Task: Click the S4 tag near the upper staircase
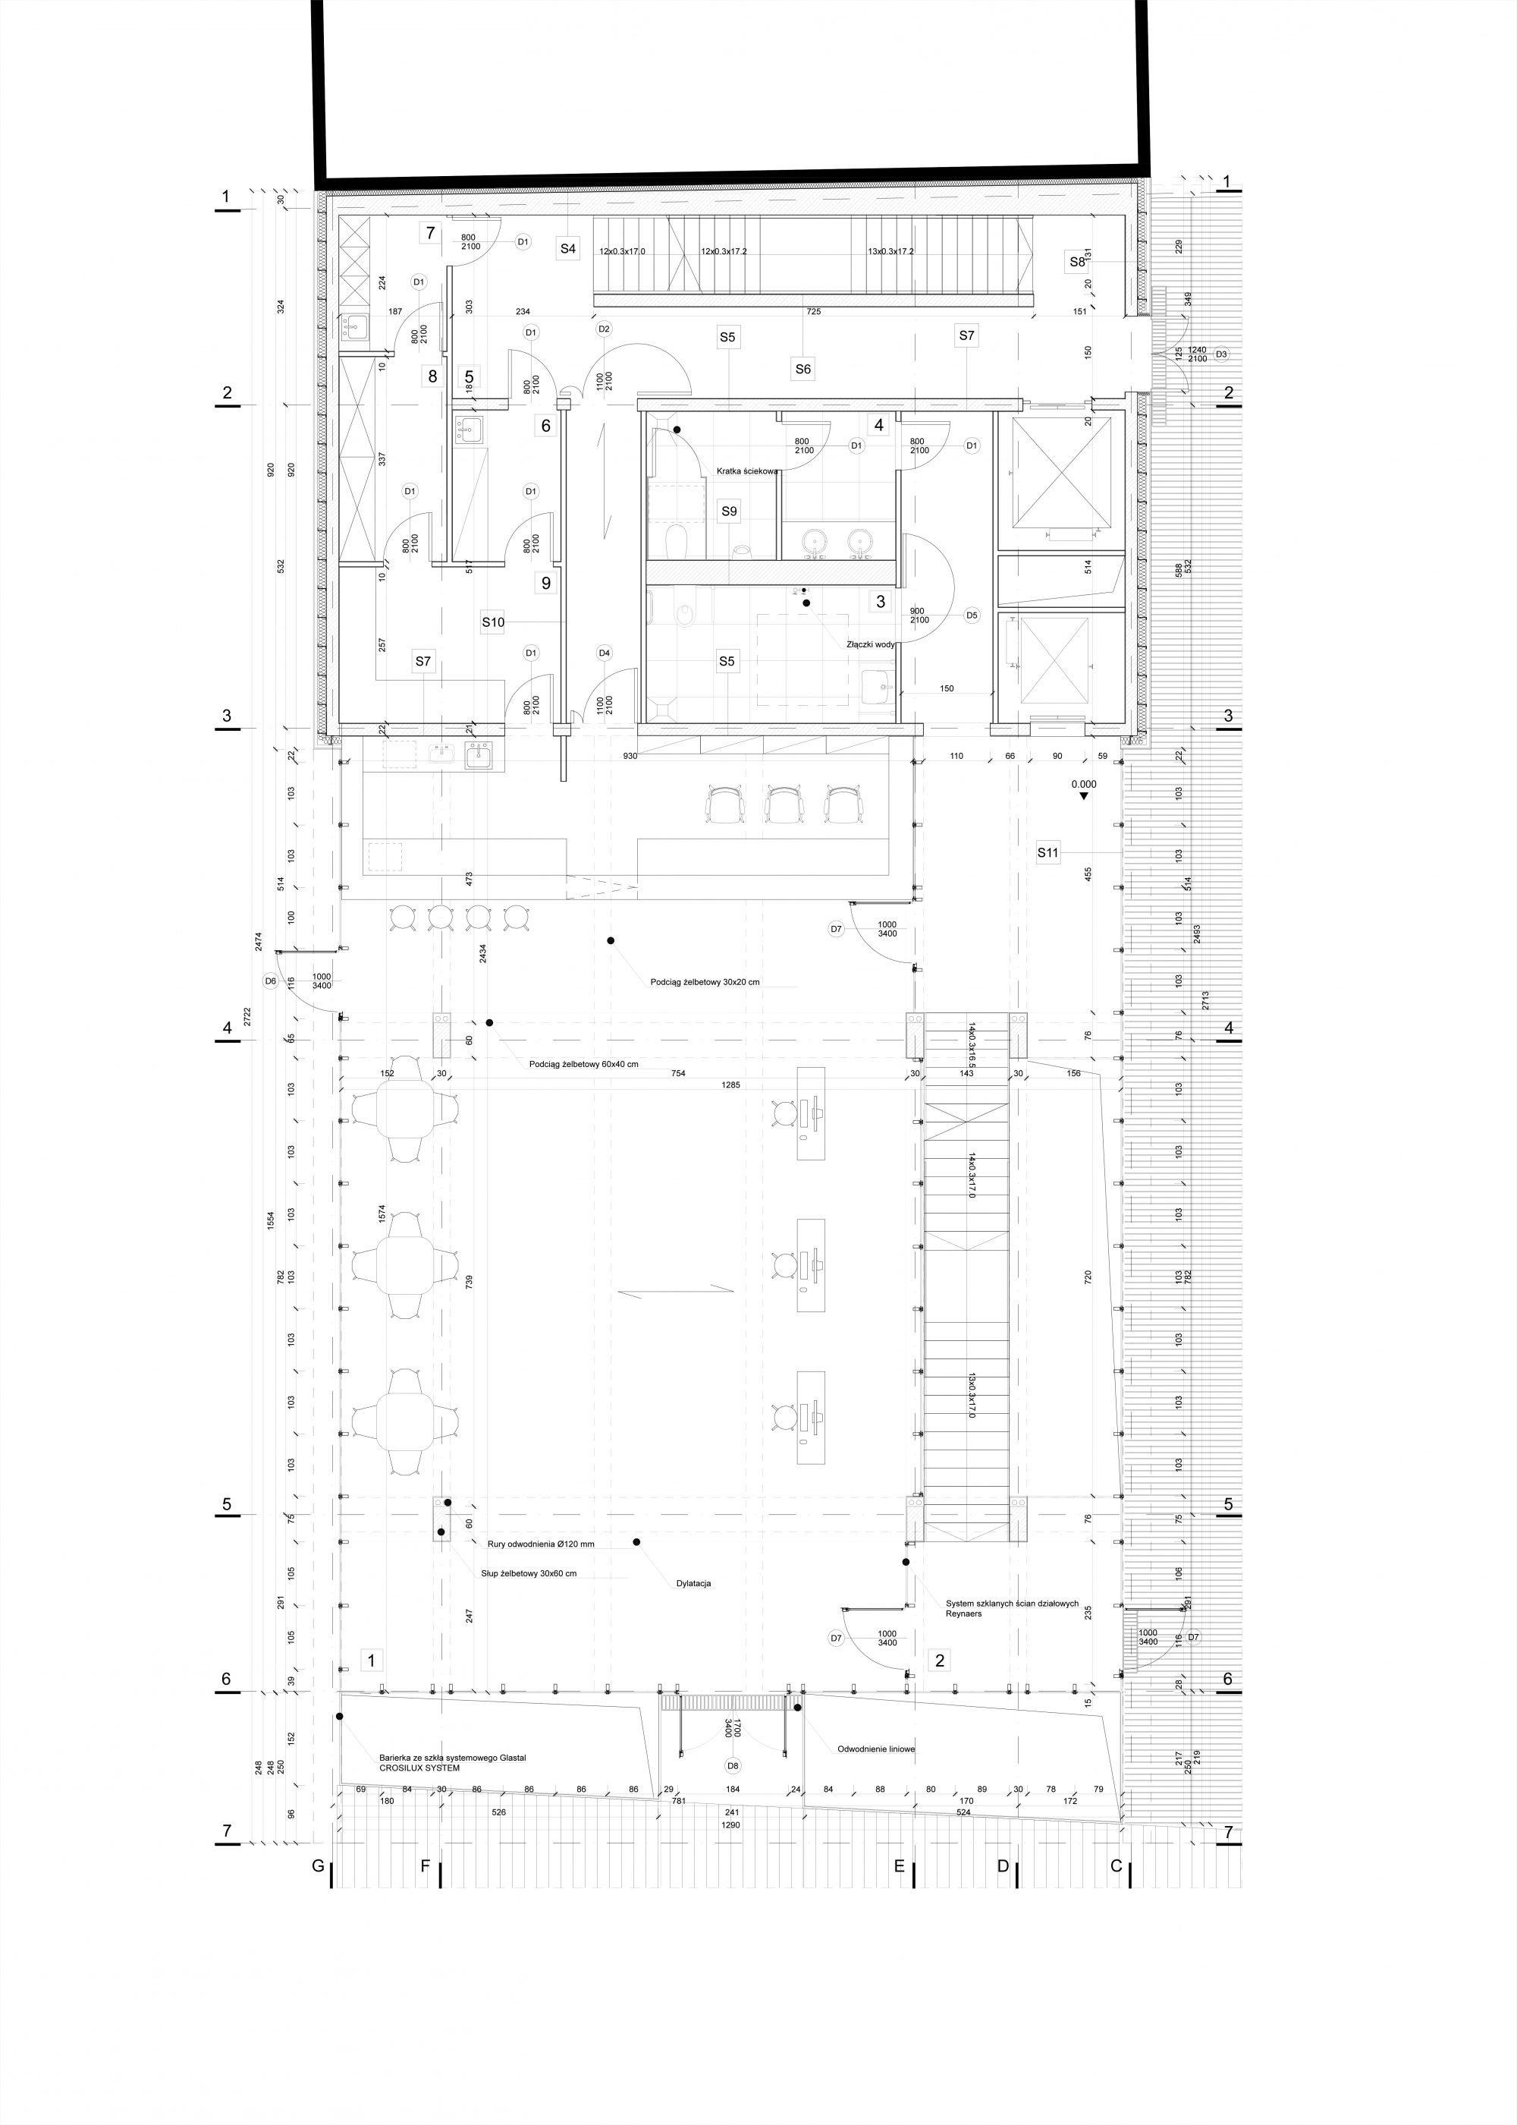pos(568,249)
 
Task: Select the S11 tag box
pos(1048,852)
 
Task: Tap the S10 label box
pos(493,622)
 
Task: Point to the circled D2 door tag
pos(604,329)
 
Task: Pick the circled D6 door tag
pos(270,981)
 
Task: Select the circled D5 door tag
pos(972,615)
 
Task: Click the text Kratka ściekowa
pos(747,472)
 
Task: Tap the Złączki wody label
pos(871,644)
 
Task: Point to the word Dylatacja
pos(694,1584)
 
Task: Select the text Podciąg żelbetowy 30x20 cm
pos(705,982)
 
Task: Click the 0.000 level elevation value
pos(1084,784)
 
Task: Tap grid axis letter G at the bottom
pos(318,1866)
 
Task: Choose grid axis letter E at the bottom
pos(899,1866)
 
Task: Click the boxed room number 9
pos(545,583)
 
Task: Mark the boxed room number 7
pos(431,233)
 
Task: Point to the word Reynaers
pos(964,1613)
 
